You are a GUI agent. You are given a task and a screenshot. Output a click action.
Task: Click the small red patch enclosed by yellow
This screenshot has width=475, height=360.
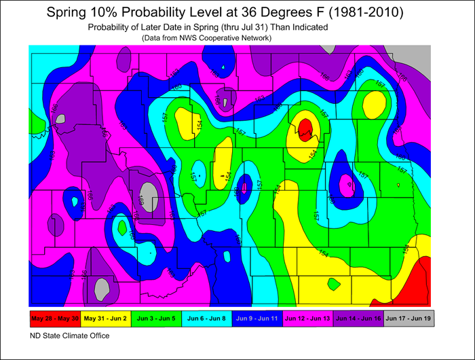pyautogui.click(x=305, y=126)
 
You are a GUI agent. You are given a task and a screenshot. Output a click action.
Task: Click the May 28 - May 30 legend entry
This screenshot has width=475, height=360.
pyautogui.click(x=54, y=318)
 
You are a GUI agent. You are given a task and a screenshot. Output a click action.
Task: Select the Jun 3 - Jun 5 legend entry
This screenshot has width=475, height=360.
pyautogui.click(x=156, y=318)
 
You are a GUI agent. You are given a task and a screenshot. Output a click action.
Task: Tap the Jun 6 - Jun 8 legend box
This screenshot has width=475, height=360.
pyautogui.click(x=206, y=318)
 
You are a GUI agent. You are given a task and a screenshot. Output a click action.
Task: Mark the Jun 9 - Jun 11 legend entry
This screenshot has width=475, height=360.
pyautogui.click(x=256, y=318)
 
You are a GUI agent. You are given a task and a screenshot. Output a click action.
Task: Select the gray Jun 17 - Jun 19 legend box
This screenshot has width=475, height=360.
pyautogui.click(x=408, y=318)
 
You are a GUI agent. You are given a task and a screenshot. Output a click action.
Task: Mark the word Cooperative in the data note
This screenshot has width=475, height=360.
pyautogui.click(x=225, y=38)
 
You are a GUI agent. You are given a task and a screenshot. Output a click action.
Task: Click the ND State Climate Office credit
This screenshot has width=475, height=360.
pyautogui.click(x=69, y=336)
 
